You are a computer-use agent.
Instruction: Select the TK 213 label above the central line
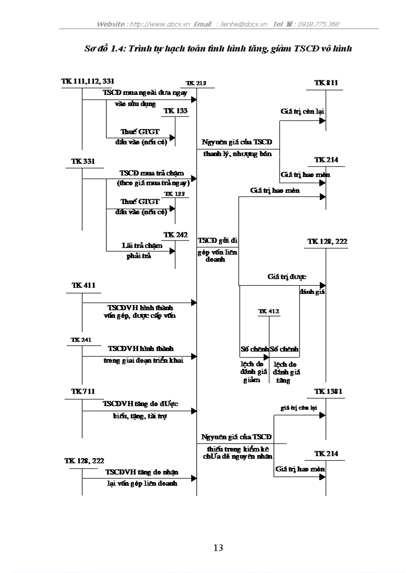(196, 83)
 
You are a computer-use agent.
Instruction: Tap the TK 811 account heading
(326, 83)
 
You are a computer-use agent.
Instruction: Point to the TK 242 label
(175, 234)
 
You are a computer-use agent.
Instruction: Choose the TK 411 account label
(83, 285)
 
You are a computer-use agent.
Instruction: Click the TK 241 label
(82, 339)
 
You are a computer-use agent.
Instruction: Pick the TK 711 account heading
(83, 391)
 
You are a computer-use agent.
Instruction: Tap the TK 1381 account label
(328, 391)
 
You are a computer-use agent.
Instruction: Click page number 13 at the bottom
(218, 548)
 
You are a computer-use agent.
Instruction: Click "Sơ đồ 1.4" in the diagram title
(105, 49)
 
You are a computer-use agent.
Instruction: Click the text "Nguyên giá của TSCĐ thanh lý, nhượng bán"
(237, 147)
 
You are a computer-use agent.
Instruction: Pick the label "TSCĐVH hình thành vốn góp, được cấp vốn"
(141, 312)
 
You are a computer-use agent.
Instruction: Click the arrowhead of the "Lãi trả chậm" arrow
(172, 251)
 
